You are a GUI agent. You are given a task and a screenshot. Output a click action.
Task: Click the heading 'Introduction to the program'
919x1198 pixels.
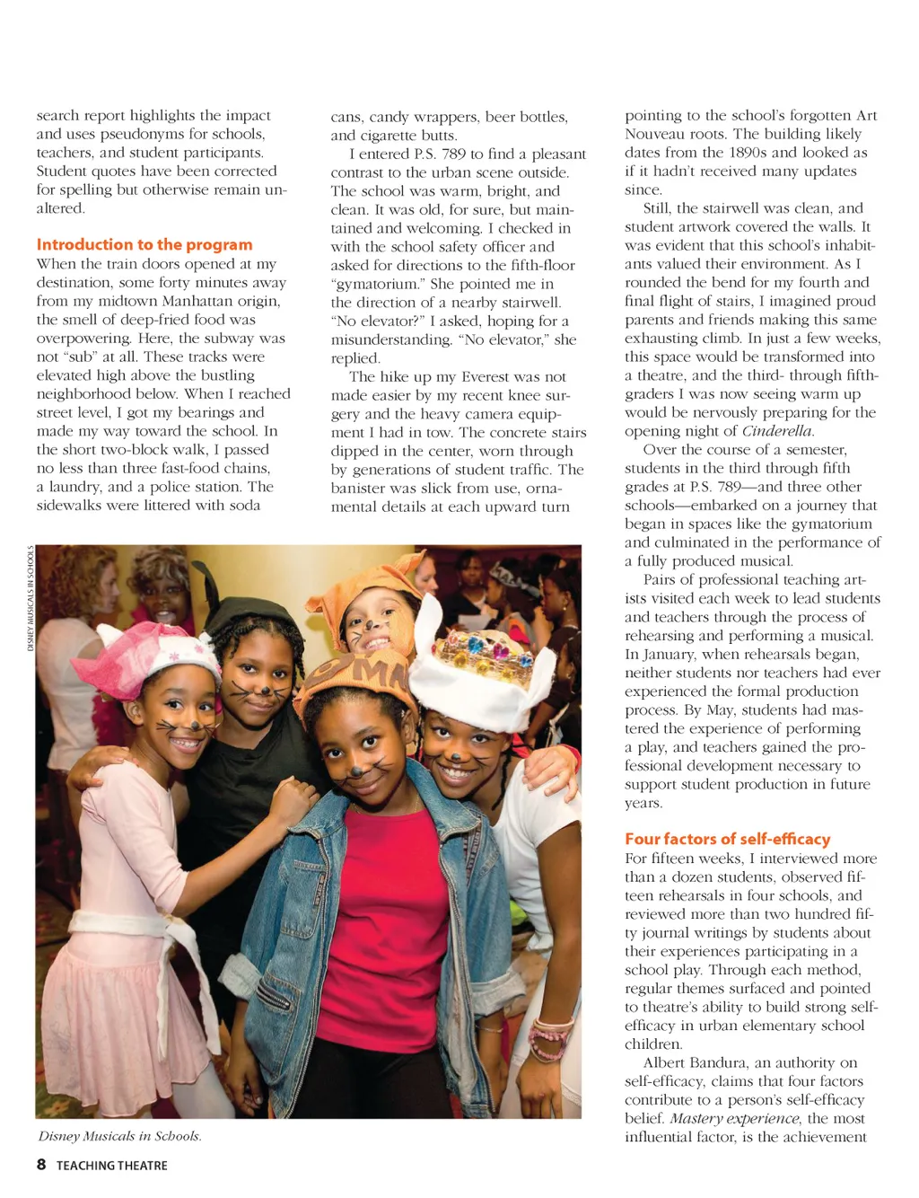tap(144, 244)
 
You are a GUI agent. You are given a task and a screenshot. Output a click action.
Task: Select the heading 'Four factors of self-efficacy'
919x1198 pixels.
tap(727, 839)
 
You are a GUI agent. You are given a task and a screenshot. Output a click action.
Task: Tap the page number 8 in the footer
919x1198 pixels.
tap(41, 1165)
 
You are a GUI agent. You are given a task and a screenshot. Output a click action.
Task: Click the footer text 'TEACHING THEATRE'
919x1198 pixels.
tap(112, 1166)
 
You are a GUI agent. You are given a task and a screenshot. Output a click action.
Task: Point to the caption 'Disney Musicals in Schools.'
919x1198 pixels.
tap(119, 1136)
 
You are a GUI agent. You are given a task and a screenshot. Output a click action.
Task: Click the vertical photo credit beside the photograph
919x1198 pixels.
tap(31, 598)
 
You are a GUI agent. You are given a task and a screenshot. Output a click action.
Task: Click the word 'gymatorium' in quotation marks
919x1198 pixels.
tap(377, 284)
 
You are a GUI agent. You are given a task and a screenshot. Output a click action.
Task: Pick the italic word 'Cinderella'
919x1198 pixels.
tap(777, 431)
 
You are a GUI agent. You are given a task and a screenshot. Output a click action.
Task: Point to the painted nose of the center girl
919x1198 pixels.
tap(356, 770)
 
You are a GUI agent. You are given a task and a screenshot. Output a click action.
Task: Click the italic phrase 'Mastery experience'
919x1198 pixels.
tap(734, 1118)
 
